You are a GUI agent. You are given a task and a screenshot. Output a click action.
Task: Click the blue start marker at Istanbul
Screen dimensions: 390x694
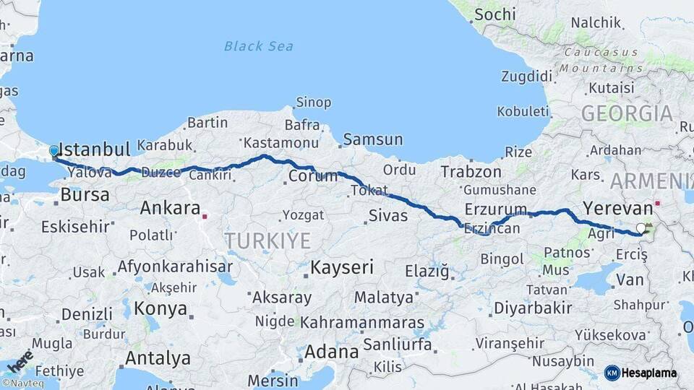54,151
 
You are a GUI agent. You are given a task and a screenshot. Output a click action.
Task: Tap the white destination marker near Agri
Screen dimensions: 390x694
641,229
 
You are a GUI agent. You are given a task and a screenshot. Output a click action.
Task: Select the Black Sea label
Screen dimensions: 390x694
259,46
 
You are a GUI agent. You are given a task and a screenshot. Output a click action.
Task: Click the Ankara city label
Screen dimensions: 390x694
170,209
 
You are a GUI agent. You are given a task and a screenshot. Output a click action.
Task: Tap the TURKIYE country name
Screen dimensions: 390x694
267,241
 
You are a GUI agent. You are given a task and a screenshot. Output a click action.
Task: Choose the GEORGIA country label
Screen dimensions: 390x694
627,113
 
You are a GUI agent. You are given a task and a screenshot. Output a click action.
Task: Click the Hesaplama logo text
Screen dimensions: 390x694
648,373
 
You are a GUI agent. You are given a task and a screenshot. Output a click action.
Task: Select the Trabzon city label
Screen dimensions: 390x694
471,172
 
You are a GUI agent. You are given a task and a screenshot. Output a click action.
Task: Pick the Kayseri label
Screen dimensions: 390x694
342,268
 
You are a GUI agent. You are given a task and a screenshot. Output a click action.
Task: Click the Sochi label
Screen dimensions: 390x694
495,14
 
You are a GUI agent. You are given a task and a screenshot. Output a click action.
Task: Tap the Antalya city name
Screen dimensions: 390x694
158,358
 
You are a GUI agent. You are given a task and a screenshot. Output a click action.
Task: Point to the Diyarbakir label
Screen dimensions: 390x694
533,308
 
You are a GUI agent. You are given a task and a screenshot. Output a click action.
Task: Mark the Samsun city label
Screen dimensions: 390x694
373,139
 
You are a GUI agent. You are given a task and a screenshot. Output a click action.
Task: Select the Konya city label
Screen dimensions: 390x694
160,309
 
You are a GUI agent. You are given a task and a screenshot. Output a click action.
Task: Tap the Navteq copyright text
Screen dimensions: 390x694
23,383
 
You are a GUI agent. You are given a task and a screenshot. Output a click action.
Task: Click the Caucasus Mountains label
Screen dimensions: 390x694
602,60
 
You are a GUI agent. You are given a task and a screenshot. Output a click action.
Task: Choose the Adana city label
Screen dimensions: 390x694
332,352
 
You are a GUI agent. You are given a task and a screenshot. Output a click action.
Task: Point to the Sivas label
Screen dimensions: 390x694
388,215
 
